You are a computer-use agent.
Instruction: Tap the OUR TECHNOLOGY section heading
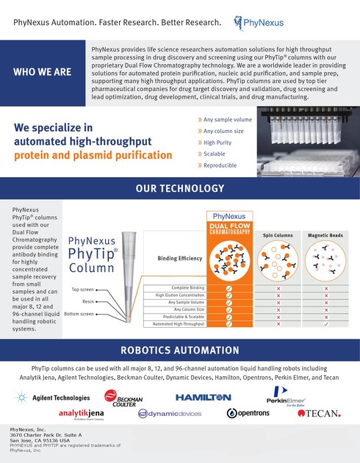pyautogui.click(x=180, y=189)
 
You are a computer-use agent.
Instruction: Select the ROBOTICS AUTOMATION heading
pyautogui.click(x=180, y=350)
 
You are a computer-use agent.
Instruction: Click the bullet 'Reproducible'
pyautogui.click(x=220, y=165)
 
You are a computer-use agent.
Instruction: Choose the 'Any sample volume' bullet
pyautogui.click(x=227, y=119)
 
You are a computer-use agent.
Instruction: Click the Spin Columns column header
pyautogui.click(x=278, y=235)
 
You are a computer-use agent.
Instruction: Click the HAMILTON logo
pyautogui.click(x=203, y=397)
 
